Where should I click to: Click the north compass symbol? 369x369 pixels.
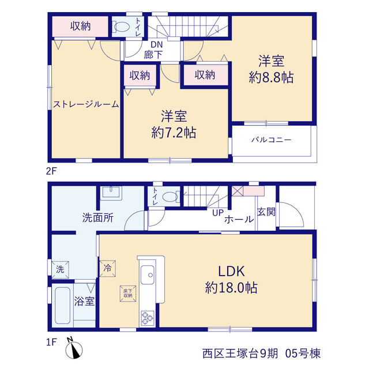click(x=74, y=350)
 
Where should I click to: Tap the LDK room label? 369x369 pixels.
click(x=231, y=271)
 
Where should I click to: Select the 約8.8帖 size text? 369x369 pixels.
click(x=271, y=77)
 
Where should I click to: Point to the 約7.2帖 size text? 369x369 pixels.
click(x=174, y=133)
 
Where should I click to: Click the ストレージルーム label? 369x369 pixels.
click(x=86, y=104)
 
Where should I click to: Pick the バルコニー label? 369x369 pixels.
click(x=272, y=140)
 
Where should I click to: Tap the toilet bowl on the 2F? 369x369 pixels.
click(x=121, y=27)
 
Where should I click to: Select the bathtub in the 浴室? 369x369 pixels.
click(x=62, y=305)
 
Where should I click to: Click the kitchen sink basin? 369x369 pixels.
click(x=148, y=274)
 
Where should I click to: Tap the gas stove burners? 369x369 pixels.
click(x=148, y=318)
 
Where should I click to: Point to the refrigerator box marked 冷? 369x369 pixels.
click(x=107, y=268)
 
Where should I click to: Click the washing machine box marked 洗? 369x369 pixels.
click(x=60, y=269)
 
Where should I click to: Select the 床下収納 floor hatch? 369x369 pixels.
click(x=128, y=293)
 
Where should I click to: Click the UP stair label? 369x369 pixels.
click(x=218, y=213)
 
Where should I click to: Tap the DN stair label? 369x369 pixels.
click(x=156, y=44)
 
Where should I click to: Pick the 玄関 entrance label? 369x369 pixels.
click(x=266, y=212)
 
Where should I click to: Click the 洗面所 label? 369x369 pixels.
click(x=98, y=218)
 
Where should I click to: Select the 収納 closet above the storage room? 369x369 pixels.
click(x=80, y=26)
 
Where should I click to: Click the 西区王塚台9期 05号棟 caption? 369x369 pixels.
click(x=261, y=353)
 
